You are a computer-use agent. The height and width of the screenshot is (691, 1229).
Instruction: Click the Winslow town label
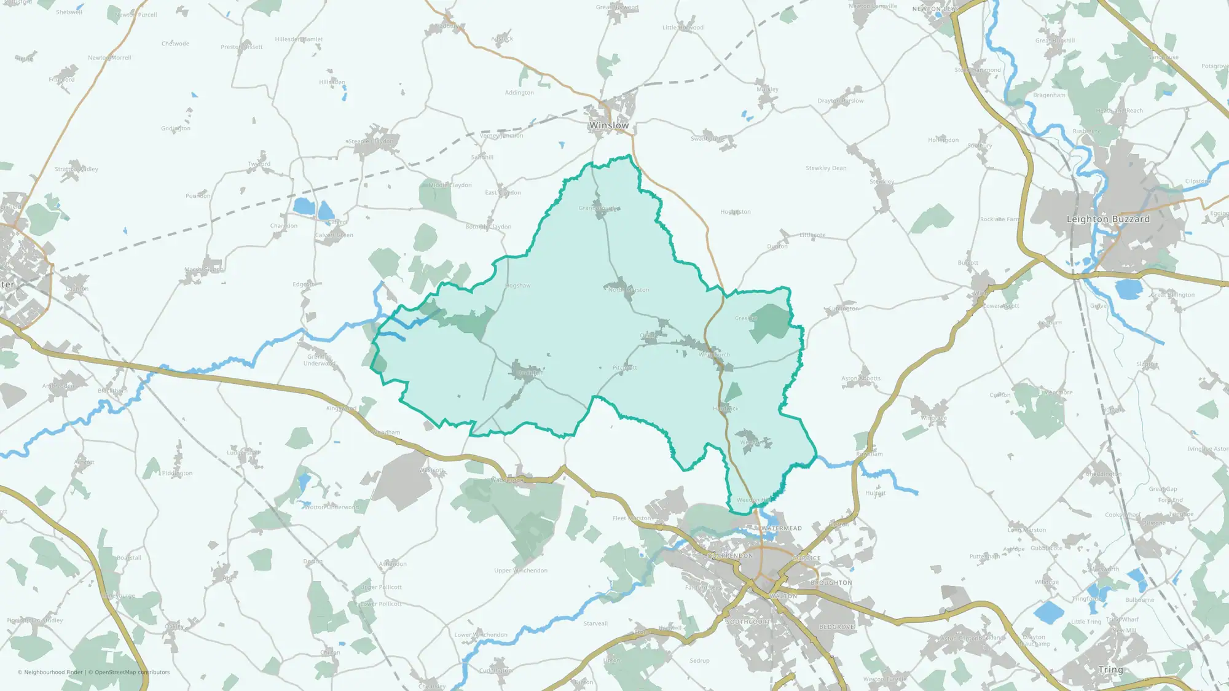(x=608, y=125)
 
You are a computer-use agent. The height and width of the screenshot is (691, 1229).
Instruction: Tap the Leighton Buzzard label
(x=1108, y=219)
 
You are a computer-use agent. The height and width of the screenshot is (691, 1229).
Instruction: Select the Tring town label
(x=1110, y=670)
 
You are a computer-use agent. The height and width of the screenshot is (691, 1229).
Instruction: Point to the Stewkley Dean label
(x=826, y=168)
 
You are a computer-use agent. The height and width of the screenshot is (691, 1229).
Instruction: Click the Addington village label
(x=519, y=93)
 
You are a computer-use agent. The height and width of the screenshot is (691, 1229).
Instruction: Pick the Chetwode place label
(x=175, y=44)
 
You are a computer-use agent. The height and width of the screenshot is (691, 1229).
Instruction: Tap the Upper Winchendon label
(x=520, y=571)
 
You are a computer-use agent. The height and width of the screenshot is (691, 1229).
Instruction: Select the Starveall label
(x=595, y=623)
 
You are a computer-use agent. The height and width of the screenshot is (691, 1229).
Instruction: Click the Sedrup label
(x=699, y=661)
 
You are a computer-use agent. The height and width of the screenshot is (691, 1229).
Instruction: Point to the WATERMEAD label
(x=782, y=528)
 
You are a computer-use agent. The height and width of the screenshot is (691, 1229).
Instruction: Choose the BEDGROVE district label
(x=836, y=627)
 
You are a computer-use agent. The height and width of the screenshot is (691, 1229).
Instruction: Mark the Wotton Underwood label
(x=331, y=507)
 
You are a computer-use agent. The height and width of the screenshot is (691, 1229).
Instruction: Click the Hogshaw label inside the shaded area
(x=517, y=286)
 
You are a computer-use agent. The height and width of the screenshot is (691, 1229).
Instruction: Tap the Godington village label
(x=176, y=128)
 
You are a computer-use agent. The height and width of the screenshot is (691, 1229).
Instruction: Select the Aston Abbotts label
(x=861, y=378)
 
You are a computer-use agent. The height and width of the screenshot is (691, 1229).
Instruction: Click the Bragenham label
(x=1049, y=95)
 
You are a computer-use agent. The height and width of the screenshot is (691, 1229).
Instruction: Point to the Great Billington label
(x=1172, y=295)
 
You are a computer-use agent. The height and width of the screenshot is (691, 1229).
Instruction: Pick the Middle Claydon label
(x=450, y=185)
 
